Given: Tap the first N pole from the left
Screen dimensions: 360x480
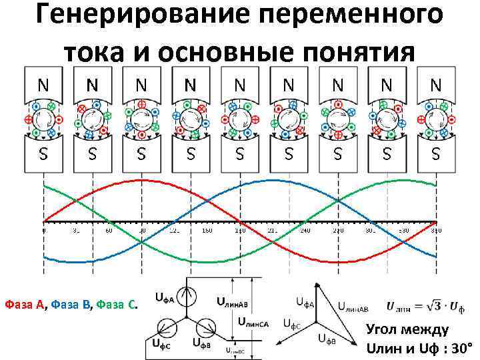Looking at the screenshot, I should [43, 85].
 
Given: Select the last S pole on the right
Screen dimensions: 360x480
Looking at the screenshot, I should [436, 153].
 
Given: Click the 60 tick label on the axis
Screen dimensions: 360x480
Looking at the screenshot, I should [109, 231].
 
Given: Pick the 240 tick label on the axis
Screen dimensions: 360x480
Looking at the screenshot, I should [305, 231].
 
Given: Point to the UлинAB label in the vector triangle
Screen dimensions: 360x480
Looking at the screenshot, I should [355, 307].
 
